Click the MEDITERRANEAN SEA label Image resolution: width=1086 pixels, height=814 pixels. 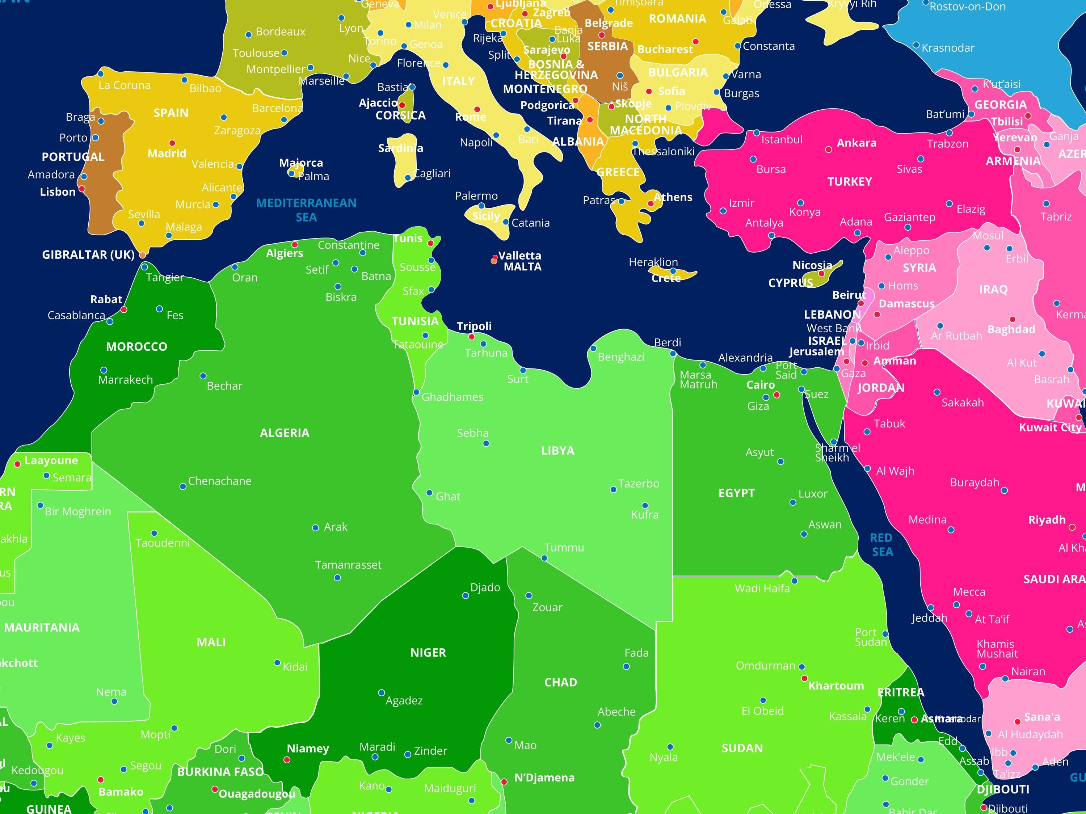coord(306,210)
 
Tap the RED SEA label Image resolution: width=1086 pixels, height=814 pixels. coord(882,544)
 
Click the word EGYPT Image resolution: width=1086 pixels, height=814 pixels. coord(736,493)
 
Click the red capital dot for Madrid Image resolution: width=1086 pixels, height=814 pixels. coord(172,143)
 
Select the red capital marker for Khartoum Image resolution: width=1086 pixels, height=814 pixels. coord(804,678)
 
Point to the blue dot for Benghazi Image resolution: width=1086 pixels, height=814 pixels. coord(593,348)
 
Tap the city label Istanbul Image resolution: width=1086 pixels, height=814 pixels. coord(782,139)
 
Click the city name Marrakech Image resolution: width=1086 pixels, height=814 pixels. coord(125,380)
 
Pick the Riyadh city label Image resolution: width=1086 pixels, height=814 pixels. coord(1047,519)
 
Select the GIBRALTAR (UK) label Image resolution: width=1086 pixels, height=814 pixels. coord(88,254)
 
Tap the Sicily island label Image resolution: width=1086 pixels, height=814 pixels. coord(485,216)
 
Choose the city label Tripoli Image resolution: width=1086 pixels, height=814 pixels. coord(474,326)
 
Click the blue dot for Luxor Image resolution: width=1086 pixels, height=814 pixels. coord(792,502)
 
